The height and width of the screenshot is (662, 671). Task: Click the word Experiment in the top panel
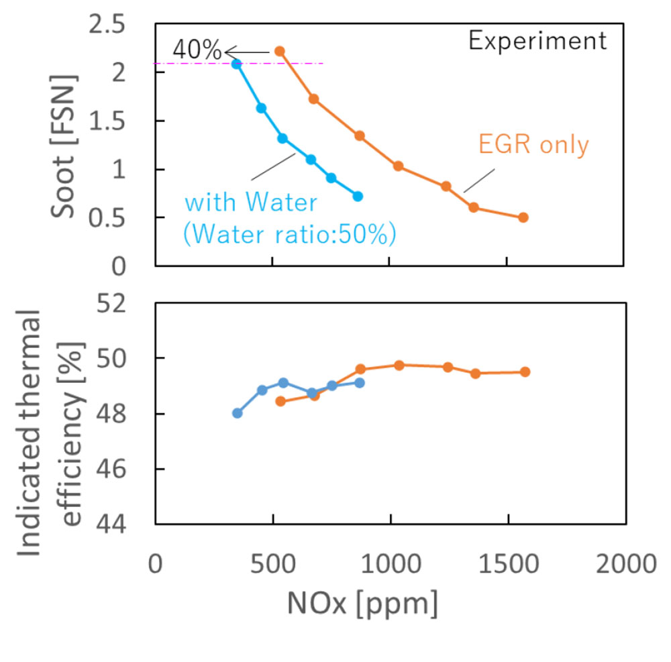pyautogui.click(x=537, y=42)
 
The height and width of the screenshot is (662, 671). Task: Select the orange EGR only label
pyautogui.click(x=533, y=144)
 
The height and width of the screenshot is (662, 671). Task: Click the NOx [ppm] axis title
pyautogui.click(x=362, y=604)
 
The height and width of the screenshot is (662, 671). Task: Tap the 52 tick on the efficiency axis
pyautogui.click(x=126, y=303)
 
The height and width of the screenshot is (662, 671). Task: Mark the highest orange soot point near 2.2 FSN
pyautogui.click(x=280, y=51)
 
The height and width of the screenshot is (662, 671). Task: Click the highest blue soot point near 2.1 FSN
pyautogui.click(x=236, y=64)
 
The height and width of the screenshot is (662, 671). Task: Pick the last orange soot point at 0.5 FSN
pyautogui.click(x=523, y=217)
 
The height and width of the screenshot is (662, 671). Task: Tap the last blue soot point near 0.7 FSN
pyautogui.click(x=358, y=197)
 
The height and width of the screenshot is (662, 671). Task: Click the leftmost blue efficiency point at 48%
pyautogui.click(x=237, y=413)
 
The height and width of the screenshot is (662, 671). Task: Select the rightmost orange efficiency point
pyautogui.click(x=525, y=372)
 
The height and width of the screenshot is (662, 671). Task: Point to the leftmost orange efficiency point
pyautogui.click(x=280, y=401)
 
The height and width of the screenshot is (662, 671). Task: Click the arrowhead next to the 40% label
pyautogui.click(x=228, y=51)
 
